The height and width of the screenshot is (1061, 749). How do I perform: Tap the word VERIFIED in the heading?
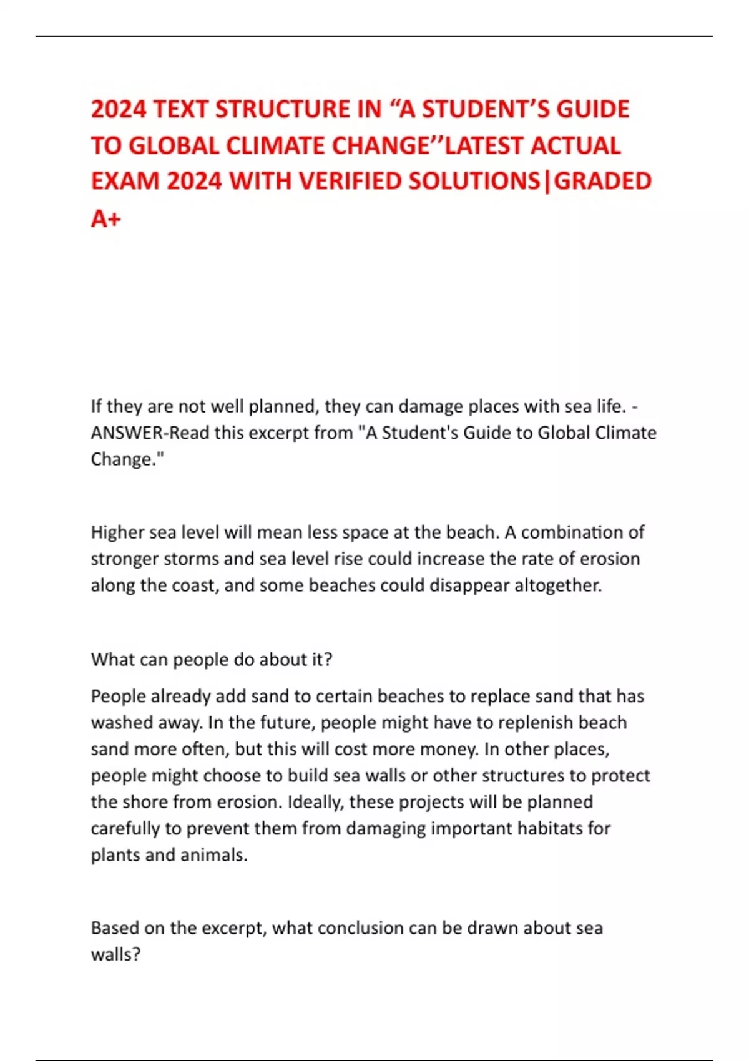tap(350, 182)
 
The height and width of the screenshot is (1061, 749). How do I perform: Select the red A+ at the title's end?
tap(105, 218)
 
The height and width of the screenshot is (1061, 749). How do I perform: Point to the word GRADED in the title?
tap(603, 182)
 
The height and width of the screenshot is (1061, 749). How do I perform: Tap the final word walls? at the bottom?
tap(115, 954)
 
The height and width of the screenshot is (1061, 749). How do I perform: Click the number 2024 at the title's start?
tap(119, 109)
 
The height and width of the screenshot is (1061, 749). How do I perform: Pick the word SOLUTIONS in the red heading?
tap(474, 182)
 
